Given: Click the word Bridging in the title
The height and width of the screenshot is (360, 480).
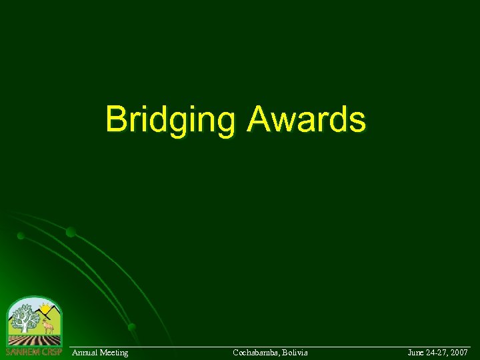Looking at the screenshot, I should [171, 121].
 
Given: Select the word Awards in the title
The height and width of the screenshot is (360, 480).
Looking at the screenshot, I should [306, 119].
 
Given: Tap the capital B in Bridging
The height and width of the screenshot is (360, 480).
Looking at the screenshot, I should [117, 119].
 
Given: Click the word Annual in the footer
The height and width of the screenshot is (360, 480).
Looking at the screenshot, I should [84, 352].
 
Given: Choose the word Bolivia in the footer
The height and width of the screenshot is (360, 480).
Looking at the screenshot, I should [295, 352].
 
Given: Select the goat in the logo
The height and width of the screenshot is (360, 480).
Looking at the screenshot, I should [47, 327].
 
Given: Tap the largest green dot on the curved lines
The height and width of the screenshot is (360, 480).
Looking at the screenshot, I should [71, 232].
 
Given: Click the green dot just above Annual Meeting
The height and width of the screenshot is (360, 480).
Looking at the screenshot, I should [132, 327].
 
